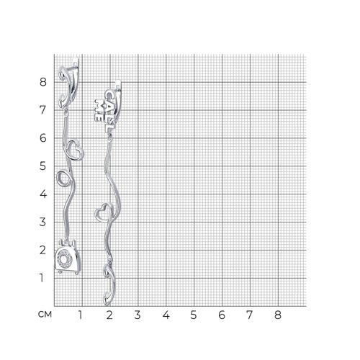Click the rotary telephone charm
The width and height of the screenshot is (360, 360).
pyautogui.click(x=67, y=257)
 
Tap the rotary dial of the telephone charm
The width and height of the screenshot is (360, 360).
pyautogui.click(x=65, y=258)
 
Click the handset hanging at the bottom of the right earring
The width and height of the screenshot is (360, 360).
pyautogui.click(x=109, y=284)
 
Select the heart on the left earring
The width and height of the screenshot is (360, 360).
pyautogui.click(x=74, y=150)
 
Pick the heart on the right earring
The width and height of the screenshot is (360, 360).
pyautogui.click(x=104, y=212)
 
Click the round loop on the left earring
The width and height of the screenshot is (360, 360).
pyautogui.click(x=63, y=178)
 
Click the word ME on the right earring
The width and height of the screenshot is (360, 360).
pyautogui.click(x=99, y=111)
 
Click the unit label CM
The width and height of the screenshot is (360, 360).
pyautogui.click(x=45, y=315)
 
